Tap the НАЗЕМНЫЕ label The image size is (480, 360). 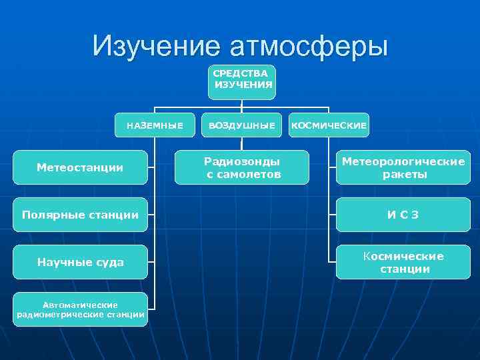pos(155,125)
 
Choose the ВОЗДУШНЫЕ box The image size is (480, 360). pos(241,125)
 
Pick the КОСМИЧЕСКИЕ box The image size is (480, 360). pos(329,125)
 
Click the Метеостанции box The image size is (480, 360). pos(80,167)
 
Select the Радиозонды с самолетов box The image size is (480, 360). pos(242,167)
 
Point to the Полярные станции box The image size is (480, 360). pos(80,215)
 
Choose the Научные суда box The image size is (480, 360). pos(80,262)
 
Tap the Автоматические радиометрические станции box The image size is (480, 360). pos(80,309)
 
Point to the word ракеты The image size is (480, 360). pos(405,175)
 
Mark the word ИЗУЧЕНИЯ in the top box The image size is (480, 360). pos(243,85)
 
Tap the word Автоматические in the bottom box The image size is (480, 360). pos(80,304)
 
